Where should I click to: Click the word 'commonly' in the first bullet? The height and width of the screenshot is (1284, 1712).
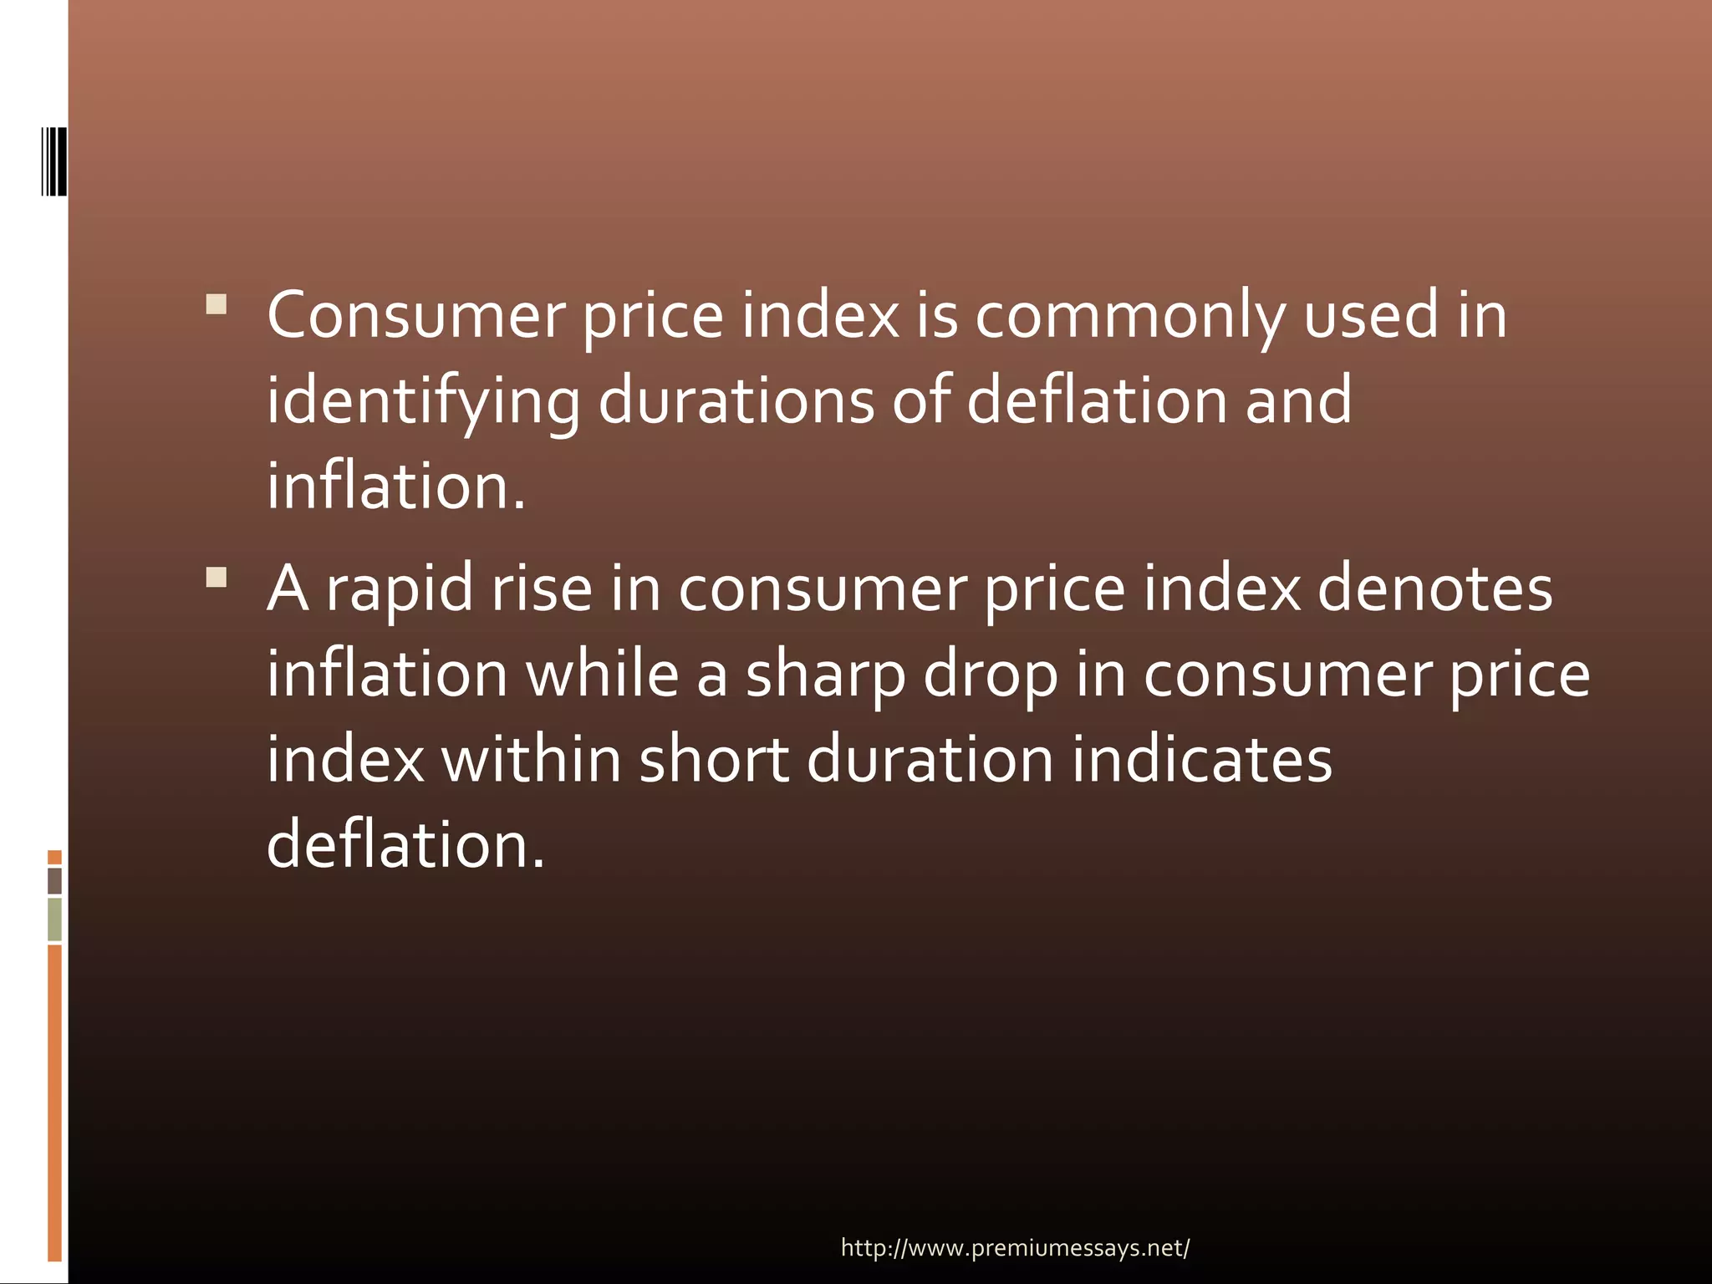(1129, 316)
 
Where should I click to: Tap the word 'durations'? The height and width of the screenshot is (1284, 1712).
(736, 400)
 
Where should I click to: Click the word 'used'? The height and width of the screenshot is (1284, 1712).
(1370, 316)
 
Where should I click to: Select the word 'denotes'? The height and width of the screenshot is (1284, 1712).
(1434, 588)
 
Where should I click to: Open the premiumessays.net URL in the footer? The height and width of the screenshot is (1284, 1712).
(1015, 1248)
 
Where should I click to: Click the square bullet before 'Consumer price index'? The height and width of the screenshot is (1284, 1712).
(216, 303)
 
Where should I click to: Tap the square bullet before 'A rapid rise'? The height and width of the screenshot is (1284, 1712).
(216, 578)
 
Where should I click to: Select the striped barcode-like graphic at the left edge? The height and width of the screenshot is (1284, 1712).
(54, 161)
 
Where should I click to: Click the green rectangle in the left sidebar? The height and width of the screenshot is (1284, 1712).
(54, 919)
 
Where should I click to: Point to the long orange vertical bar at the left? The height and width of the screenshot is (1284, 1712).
(54, 1102)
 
